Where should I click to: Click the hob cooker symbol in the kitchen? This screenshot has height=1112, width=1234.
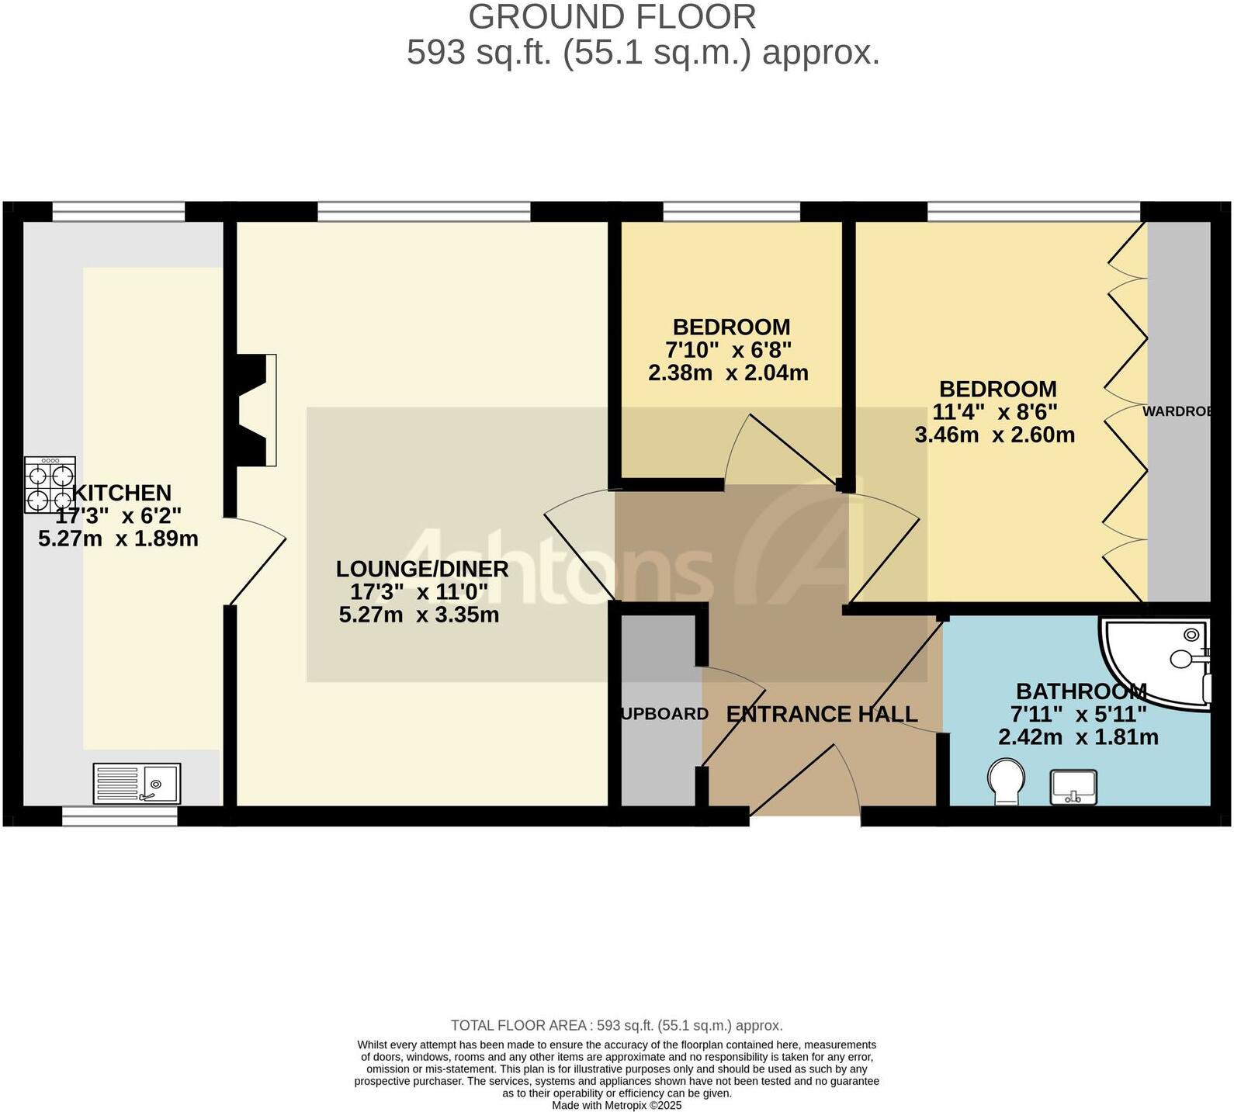50,485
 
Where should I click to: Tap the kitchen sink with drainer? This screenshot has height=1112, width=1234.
137,783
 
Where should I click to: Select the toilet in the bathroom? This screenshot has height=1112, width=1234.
1006,783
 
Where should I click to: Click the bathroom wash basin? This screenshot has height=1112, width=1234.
1073,787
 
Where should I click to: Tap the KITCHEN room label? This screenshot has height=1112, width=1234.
122,493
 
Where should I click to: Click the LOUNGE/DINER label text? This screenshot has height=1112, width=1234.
422,569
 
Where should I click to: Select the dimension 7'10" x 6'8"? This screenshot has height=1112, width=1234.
728,350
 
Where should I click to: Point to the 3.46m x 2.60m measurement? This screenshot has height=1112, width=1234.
995,435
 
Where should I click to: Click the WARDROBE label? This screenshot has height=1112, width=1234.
1177,411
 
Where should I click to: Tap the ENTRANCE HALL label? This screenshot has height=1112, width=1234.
821,714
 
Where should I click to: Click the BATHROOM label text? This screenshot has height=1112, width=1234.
1080,691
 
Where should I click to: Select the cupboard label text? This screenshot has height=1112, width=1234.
664,714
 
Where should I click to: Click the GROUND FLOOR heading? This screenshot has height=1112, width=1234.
612,17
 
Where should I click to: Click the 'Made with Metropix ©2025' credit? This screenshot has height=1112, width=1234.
616,1105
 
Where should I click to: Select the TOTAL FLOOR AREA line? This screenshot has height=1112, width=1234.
616,1026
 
